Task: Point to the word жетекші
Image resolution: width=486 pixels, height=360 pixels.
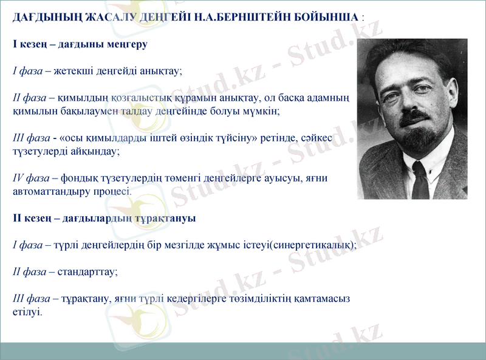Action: [72, 71]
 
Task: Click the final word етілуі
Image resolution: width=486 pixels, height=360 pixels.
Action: [27, 312]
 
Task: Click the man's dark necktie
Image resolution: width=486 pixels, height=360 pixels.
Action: [420, 178]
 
